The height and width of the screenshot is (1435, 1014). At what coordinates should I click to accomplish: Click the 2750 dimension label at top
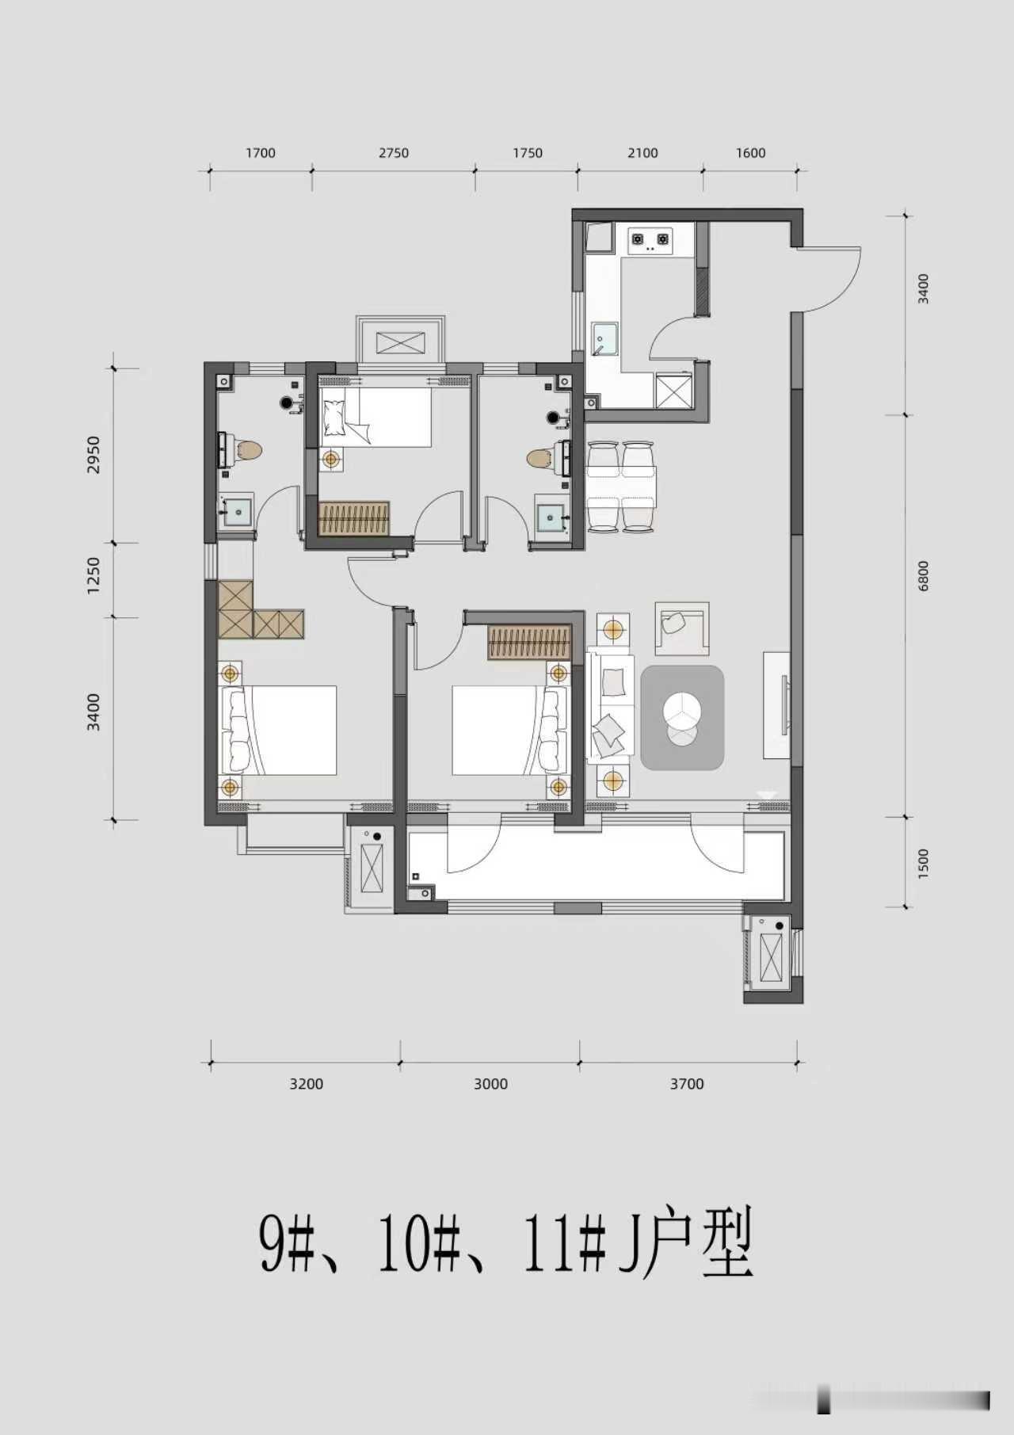[393, 153]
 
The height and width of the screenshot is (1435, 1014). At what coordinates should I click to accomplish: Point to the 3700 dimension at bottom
[687, 1084]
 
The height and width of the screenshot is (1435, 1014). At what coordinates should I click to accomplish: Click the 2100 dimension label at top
[642, 153]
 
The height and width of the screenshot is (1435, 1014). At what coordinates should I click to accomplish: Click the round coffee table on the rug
[680, 709]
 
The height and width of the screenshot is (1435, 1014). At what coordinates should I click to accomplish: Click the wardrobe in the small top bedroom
[354, 517]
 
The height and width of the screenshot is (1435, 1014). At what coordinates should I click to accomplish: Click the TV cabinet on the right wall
[776, 705]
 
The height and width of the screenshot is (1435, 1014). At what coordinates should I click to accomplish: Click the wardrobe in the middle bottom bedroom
[528, 642]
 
